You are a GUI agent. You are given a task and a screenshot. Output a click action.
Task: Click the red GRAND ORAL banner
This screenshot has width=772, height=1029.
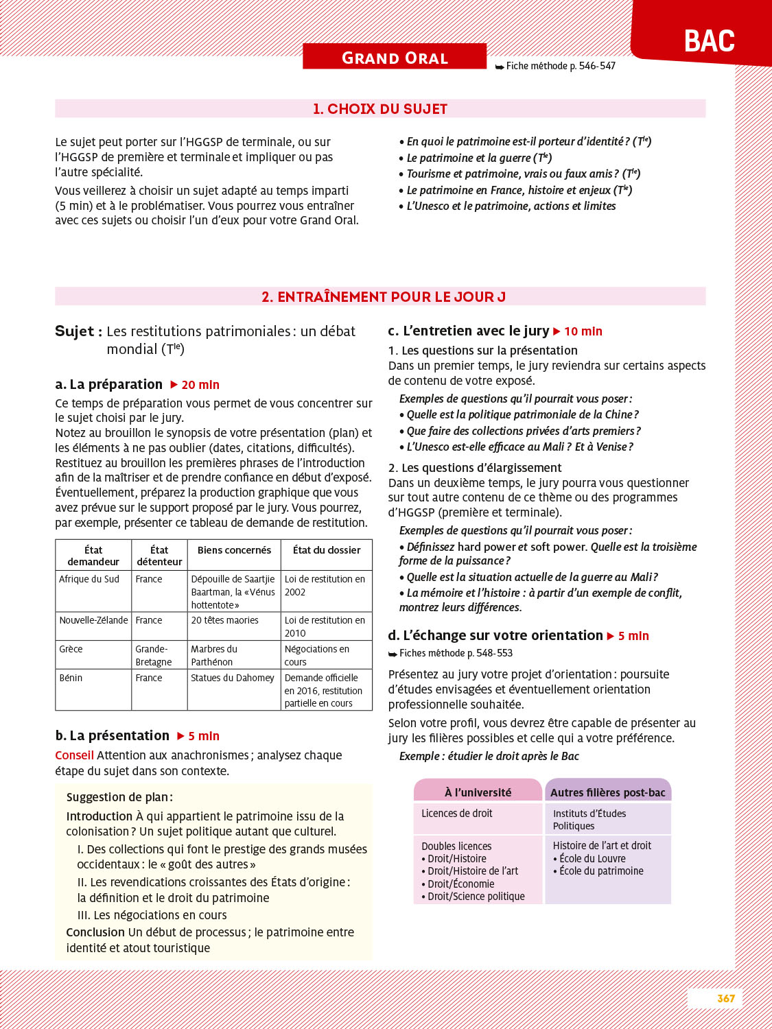coord(395,58)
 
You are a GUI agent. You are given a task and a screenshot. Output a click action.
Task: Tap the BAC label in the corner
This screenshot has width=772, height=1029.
coord(709,41)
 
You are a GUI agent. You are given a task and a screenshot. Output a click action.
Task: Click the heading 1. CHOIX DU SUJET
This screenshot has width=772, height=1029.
coord(380,109)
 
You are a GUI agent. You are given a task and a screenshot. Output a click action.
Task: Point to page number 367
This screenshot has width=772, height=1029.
coord(726,999)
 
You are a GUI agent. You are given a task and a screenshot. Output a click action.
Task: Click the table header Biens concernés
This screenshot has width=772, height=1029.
coord(234,550)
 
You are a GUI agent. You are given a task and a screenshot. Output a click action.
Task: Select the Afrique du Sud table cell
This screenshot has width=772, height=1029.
coord(89,579)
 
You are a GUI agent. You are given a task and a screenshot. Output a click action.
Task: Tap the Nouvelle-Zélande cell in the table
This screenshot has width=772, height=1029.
coord(93,620)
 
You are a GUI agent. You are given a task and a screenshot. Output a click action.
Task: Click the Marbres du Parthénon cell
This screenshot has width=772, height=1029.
coord(214,655)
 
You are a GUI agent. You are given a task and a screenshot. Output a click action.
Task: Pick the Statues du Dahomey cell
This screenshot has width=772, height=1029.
coord(233,678)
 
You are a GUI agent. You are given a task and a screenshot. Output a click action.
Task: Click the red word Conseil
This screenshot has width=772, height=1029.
coord(74,755)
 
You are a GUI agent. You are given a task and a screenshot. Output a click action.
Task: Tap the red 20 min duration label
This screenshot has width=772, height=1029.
coord(200,385)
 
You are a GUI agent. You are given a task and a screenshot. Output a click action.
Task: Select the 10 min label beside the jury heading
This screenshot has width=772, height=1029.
coord(583,331)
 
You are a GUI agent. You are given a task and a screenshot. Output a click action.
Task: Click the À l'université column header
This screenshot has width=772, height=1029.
coord(478,792)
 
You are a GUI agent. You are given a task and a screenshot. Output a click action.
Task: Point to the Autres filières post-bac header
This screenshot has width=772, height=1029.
coord(608,792)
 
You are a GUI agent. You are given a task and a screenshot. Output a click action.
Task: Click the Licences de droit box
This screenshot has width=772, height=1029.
coord(457,814)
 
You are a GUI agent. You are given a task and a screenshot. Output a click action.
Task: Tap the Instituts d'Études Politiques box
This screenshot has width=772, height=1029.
coord(589,820)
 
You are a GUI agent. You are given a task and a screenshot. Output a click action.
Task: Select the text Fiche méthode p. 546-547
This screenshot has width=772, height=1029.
coord(561,66)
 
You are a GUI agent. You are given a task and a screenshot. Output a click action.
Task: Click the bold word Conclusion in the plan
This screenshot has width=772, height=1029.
coord(95,932)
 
